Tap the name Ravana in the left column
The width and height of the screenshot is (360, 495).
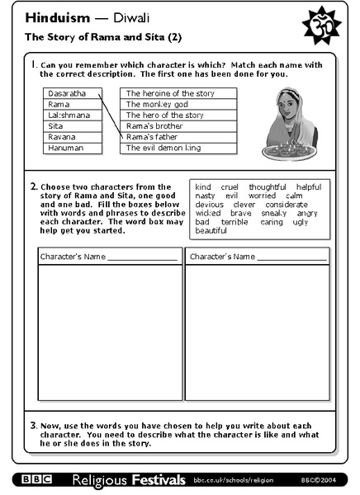point(62,137)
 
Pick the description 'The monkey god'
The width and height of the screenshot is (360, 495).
point(158,105)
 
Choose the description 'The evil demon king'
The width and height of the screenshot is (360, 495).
point(163,148)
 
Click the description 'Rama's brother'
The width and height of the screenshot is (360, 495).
point(155,126)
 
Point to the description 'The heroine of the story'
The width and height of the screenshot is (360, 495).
point(170,94)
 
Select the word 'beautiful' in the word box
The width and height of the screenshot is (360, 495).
point(211,231)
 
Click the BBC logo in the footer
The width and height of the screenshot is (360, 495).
point(37,479)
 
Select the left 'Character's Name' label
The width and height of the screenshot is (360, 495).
point(73,257)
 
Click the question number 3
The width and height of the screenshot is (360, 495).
point(33,426)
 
